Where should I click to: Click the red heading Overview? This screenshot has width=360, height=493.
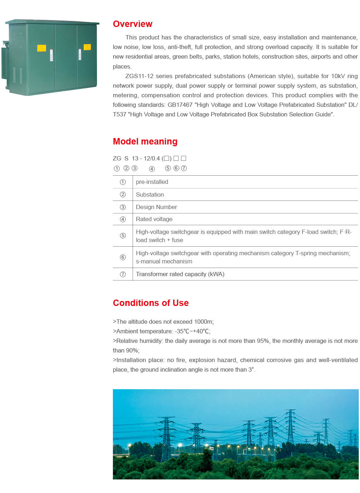point(132,24)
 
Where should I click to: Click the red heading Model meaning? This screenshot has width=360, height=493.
point(145,141)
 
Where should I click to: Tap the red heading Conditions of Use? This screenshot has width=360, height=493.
point(151,303)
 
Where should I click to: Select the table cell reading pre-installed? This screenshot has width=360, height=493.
point(152,182)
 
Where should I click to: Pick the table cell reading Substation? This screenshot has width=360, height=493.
point(150,195)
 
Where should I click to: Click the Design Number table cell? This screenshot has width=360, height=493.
point(156,207)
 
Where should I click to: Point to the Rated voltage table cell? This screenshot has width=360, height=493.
point(154,219)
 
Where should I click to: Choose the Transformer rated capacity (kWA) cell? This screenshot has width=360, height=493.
point(180,274)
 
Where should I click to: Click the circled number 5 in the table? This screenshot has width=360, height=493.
point(123,236)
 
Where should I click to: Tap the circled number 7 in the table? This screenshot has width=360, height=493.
point(123,274)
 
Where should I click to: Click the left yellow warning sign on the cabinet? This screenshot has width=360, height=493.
point(42,48)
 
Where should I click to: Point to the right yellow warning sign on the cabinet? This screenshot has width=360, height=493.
point(87,47)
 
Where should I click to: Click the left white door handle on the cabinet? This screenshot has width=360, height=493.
point(51,55)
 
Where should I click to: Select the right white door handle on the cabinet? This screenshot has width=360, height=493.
point(80,54)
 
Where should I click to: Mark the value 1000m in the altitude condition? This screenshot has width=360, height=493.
point(203,322)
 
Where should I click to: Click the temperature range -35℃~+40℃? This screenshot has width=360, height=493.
point(192,331)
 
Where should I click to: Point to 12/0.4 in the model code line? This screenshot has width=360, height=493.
point(152,158)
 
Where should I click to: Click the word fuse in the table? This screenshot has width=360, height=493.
point(178,240)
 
